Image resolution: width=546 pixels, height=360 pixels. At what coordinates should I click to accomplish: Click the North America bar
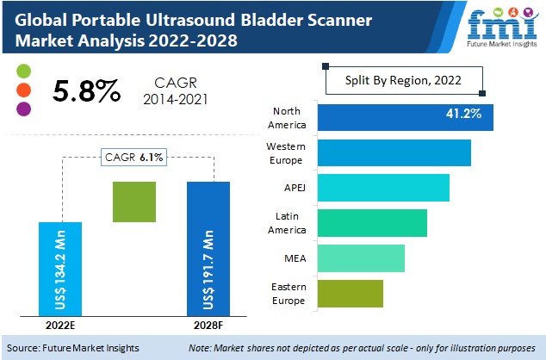coord(405,117)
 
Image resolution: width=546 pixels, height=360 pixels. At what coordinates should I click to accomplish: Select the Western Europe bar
coord(394,152)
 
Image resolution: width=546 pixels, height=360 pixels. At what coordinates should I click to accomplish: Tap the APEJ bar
coord(383,188)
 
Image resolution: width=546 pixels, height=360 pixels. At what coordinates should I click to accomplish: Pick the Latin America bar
coord(372,223)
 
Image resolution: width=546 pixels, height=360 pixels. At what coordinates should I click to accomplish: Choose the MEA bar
coord(360,258)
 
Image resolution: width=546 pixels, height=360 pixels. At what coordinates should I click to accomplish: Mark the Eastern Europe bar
coord(350,294)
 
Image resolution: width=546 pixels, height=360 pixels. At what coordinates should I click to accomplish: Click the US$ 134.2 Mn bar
coord(60,269)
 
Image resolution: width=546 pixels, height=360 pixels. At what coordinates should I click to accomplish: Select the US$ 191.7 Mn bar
coord(208,249)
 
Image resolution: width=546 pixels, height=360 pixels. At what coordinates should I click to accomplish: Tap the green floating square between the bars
coord(134,202)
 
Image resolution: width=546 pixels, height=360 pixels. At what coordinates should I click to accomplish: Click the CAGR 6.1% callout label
coord(133,157)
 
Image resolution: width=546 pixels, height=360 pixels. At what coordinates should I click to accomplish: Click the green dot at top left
coord(23,70)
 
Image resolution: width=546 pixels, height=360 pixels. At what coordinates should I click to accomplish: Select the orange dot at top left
coord(23,90)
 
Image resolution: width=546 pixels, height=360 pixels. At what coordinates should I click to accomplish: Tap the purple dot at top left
coord(23,109)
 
